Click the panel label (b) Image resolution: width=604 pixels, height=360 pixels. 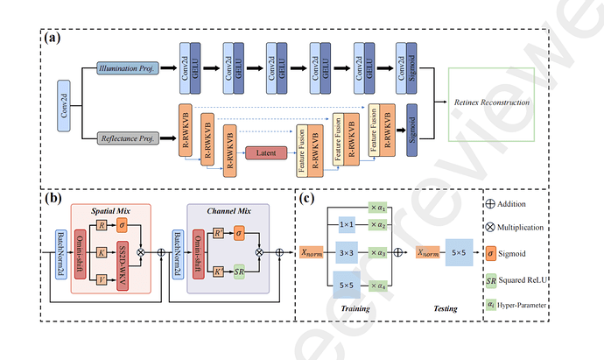click(53, 197)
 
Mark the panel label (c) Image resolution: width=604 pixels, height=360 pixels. click(308, 197)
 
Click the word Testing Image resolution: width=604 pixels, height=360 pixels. click(435, 308)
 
